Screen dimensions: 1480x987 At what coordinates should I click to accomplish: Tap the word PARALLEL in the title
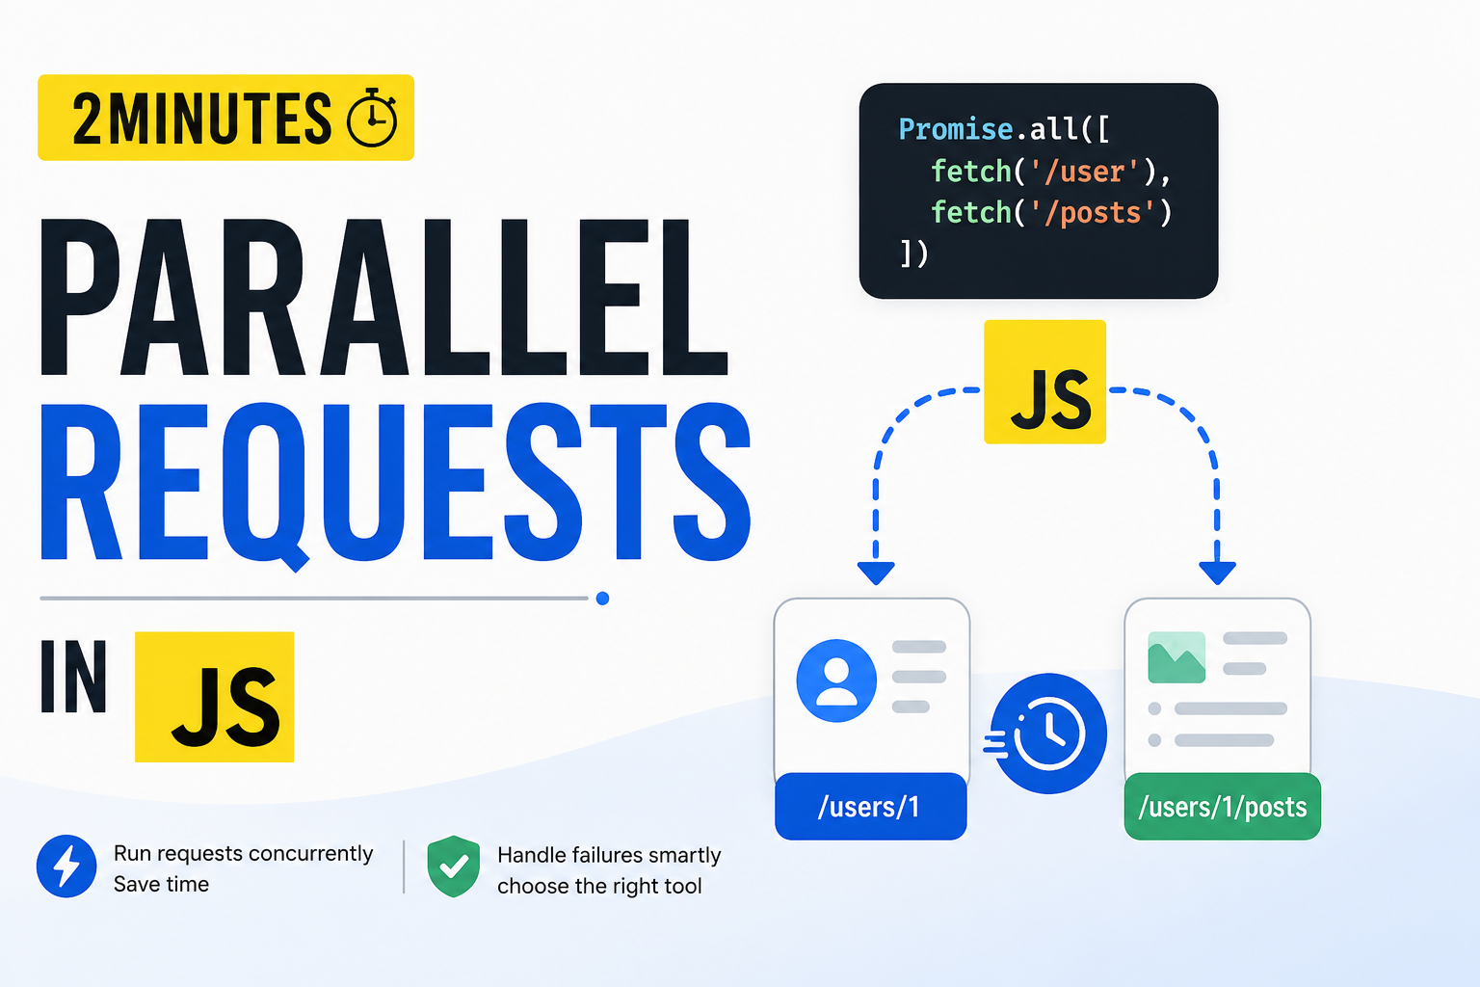[x=383, y=298]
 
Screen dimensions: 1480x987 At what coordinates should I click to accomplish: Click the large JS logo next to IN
[x=214, y=697]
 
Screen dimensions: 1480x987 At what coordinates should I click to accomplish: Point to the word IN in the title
[x=73, y=677]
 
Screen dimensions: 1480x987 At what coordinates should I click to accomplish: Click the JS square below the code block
[x=1044, y=382]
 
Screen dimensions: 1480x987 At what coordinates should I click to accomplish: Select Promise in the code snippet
[x=956, y=129]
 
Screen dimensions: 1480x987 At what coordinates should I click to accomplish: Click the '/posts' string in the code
[x=1093, y=213]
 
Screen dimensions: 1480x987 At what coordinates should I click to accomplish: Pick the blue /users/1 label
[x=871, y=807]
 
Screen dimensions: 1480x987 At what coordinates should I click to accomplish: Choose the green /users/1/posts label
[x=1223, y=807]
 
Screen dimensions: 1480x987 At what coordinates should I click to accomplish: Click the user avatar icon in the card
[x=836, y=680]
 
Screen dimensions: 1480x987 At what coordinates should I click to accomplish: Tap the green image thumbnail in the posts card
[x=1176, y=657]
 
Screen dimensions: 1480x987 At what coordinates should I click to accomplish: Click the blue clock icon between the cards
[x=1048, y=734]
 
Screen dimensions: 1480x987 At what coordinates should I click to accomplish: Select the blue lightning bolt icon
[x=66, y=866]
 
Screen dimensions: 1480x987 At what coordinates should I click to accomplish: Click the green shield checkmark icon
[x=453, y=866]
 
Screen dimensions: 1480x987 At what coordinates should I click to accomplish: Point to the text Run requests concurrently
[x=243, y=853]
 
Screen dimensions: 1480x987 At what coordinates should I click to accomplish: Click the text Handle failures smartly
[x=609, y=855]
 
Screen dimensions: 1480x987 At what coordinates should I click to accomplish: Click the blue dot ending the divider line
[x=602, y=599]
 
